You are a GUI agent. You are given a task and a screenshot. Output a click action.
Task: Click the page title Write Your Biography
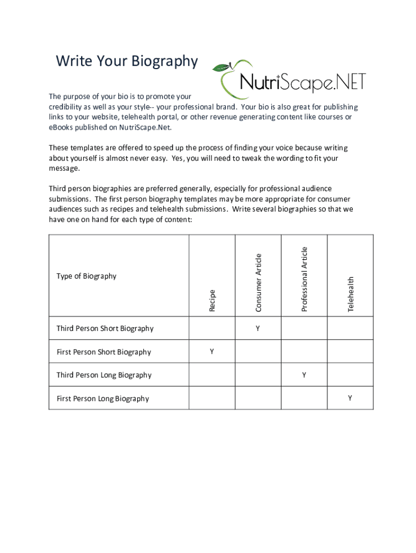[127, 62]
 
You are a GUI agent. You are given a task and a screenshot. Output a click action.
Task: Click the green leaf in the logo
[220, 68]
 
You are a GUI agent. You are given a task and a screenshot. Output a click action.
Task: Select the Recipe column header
[212, 300]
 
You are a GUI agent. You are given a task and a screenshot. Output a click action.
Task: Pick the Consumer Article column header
[258, 282]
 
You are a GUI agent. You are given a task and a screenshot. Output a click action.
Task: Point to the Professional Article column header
[304, 279]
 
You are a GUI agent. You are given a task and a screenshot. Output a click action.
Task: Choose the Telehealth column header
[351, 294]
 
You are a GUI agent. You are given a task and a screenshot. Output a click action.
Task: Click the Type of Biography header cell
[86, 276]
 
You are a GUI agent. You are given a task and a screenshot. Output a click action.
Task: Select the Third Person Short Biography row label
[105, 328]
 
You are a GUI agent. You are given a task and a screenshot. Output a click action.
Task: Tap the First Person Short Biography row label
[104, 352]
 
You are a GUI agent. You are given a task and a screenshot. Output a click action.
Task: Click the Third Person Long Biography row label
[104, 375]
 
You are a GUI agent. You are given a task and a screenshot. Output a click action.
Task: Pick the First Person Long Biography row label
[103, 399]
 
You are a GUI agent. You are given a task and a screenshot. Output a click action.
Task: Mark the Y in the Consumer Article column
[258, 328]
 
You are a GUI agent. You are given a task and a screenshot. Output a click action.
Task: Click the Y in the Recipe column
[212, 352]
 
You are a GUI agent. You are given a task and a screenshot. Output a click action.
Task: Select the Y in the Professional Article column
[304, 375]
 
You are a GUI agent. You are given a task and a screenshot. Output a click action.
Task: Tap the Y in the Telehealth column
[350, 398]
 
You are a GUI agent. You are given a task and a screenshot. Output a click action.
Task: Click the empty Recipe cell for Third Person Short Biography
[212, 328]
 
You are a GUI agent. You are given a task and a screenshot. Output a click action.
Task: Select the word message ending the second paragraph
[64, 168]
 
